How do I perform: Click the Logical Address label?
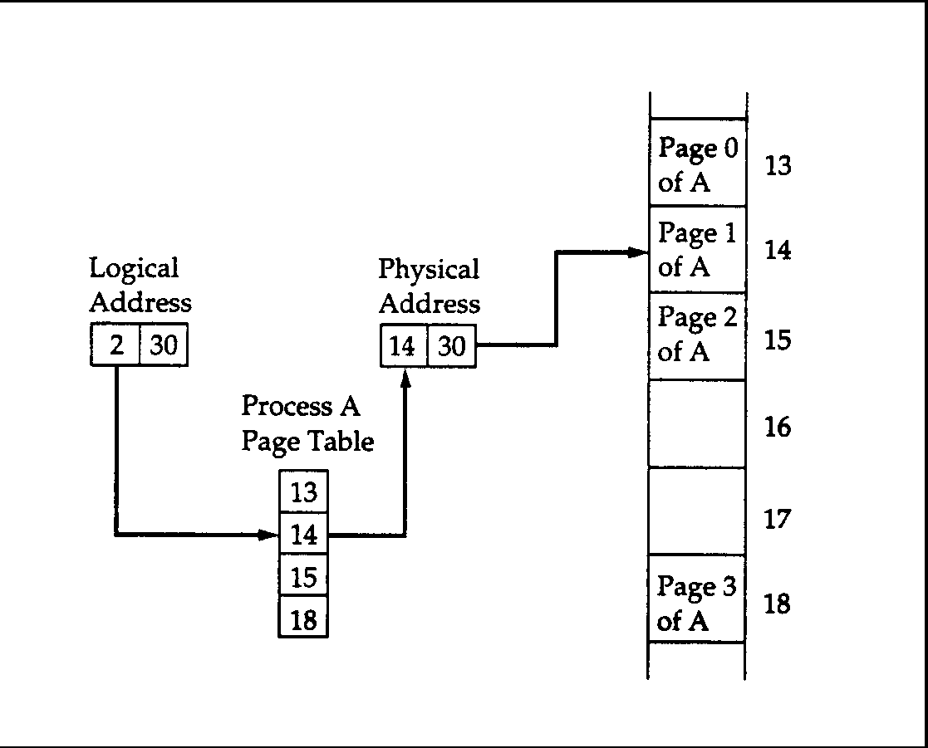tap(140, 285)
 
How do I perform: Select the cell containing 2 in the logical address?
tap(115, 345)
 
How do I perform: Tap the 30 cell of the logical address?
tap(164, 345)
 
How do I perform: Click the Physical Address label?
tap(429, 286)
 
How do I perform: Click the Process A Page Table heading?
tap(307, 424)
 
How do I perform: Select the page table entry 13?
tap(303, 492)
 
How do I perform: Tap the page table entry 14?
tap(303, 535)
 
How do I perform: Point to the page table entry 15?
tap(303, 577)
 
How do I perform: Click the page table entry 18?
tap(303, 618)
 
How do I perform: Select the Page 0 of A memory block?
tap(697, 164)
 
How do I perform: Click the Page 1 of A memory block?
tap(697, 250)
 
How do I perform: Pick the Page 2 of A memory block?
tap(697, 335)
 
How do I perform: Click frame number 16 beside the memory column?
tap(778, 428)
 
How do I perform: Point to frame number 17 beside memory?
tap(778, 520)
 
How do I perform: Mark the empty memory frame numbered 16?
tap(697, 423)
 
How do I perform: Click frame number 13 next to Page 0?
tap(778, 165)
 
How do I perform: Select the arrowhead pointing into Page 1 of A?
tap(640, 252)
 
